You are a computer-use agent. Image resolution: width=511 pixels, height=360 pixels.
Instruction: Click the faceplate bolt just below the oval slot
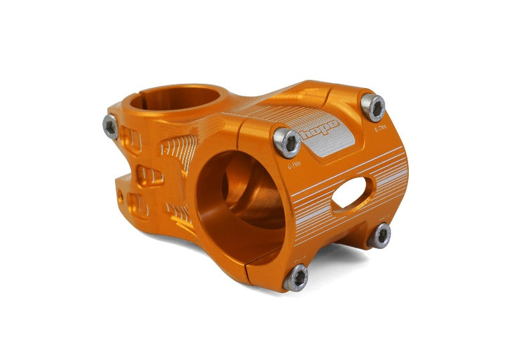pos(381,235)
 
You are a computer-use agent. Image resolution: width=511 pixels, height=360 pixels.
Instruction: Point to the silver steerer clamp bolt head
pos(111,127)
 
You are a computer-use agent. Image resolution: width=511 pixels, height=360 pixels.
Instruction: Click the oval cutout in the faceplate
pos(350,193)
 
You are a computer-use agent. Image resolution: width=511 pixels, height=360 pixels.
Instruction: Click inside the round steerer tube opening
pos(176,100)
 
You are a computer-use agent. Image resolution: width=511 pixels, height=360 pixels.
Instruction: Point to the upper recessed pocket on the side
pos(131,140)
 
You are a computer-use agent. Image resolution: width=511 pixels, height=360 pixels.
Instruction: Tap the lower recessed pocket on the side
pos(137,204)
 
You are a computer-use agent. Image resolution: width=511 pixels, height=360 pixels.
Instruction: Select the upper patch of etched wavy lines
pos(178,151)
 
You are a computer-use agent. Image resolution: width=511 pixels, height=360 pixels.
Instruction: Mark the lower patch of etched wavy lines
pos(179,211)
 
